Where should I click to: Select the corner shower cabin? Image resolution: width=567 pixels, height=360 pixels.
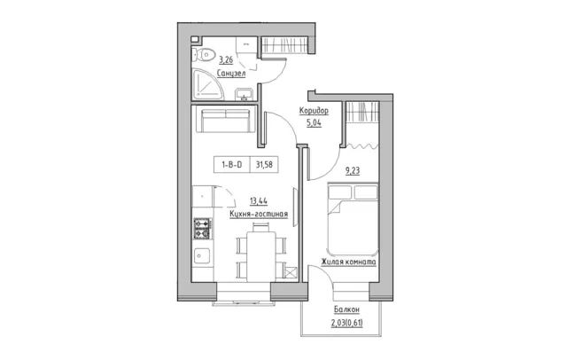(x=207, y=84)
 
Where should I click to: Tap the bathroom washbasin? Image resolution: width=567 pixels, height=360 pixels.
(x=245, y=94)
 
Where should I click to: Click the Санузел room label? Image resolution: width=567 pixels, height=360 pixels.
(x=231, y=74)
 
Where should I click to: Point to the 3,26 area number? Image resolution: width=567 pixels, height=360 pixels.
(x=227, y=59)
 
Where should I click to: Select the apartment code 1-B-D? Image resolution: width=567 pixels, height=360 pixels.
(x=232, y=165)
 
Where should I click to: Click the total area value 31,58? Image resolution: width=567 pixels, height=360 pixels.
(x=264, y=165)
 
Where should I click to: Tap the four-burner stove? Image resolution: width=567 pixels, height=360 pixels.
(x=203, y=228)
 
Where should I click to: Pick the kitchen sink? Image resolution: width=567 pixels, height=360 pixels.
(x=202, y=255)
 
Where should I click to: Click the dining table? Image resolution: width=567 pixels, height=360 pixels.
(x=261, y=256)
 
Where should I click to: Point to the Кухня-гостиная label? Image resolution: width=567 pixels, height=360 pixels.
(x=259, y=215)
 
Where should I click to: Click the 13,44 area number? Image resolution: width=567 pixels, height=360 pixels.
(x=259, y=200)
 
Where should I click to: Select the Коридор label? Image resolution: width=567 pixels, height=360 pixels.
(x=314, y=111)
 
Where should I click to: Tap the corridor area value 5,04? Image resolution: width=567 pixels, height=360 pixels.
(x=314, y=123)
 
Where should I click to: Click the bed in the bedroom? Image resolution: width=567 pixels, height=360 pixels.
(x=353, y=220)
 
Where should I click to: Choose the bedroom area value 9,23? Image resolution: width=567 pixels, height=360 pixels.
(x=353, y=171)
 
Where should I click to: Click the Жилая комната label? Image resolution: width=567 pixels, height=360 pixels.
(x=348, y=262)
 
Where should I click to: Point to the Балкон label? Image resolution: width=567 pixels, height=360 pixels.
(x=346, y=309)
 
